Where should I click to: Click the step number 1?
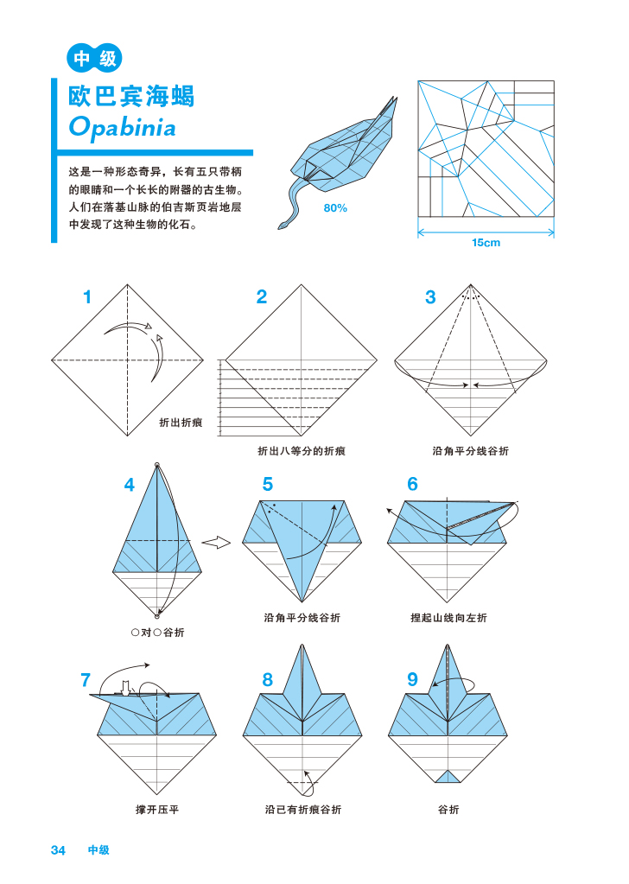click(x=86, y=298)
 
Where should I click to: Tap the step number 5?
click(x=268, y=485)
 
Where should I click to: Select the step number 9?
click(x=413, y=680)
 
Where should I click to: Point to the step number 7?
click(x=86, y=680)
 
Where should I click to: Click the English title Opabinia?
click(x=123, y=128)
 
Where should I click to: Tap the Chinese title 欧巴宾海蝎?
click(x=132, y=95)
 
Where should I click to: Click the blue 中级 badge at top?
click(x=94, y=59)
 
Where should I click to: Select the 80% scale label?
click(x=335, y=208)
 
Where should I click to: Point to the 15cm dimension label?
click(x=486, y=243)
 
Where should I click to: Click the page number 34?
click(x=58, y=850)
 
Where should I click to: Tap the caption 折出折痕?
click(x=181, y=423)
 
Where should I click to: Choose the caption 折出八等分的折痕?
click(x=302, y=451)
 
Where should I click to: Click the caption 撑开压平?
click(x=157, y=810)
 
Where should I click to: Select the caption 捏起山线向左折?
click(x=448, y=618)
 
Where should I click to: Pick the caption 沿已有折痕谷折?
click(x=303, y=810)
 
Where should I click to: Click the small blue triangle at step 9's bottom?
click(x=448, y=776)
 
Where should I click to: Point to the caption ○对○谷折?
click(x=157, y=633)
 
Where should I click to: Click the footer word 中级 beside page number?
click(x=98, y=850)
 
